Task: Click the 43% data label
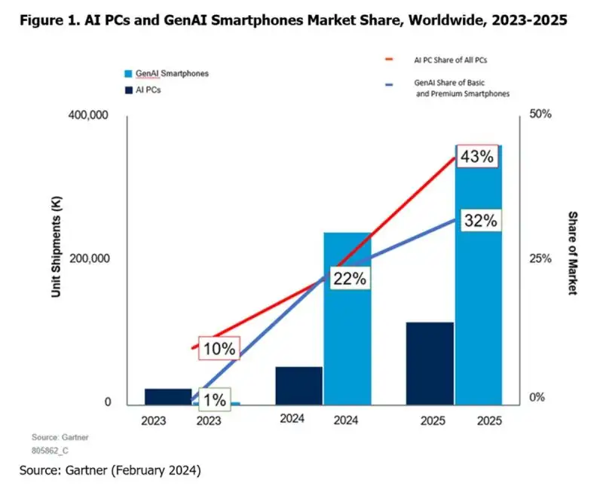tap(477, 157)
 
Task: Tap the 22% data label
tap(348, 278)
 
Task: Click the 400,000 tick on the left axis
tap(90, 115)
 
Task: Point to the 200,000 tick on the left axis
tap(90, 258)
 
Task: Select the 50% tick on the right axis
tap(540, 115)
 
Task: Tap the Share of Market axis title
tap(572, 252)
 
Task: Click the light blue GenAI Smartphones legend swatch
tap(127, 74)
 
